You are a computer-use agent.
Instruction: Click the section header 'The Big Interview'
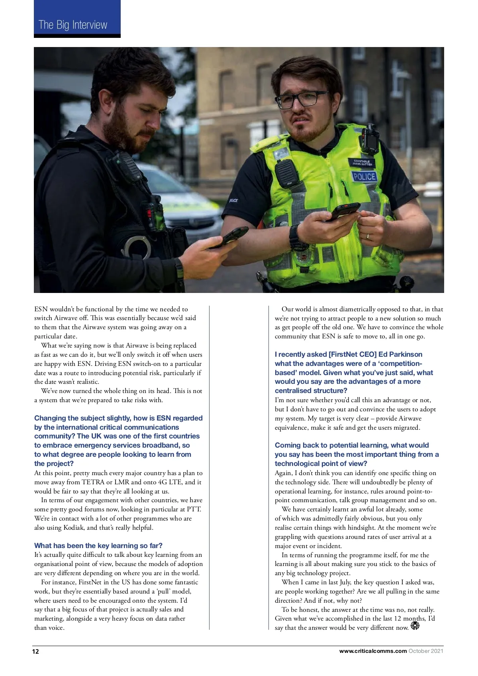tap(73, 25)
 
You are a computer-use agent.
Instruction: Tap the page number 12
tap(36, 651)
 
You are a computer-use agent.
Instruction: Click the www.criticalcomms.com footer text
tap(373, 651)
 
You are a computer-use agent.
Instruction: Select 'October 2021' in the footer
tap(426, 651)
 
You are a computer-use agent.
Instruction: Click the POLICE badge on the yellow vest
tap(364, 177)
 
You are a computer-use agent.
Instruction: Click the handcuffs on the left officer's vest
tap(137, 246)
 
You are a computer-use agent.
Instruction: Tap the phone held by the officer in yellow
tap(343, 211)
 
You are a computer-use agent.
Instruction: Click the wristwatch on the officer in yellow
tap(295, 236)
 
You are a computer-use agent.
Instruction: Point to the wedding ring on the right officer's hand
tap(368, 236)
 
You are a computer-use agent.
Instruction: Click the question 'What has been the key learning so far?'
tap(98, 546)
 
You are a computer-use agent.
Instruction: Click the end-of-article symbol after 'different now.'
tap(415, 626)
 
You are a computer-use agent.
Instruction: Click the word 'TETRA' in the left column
tap(93, 482)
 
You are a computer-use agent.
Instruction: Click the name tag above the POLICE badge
tap(362, 163)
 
